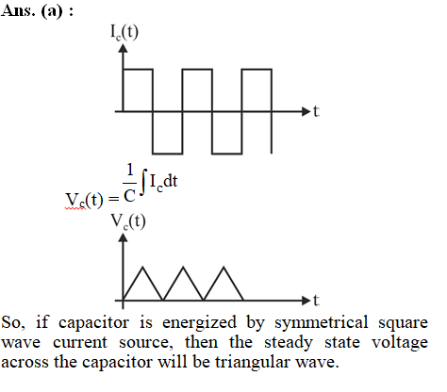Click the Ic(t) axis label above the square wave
[x=124, y=32]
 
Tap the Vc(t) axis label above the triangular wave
[x=128, y=221]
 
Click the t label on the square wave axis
[x=316, y=111]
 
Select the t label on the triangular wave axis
[x=316, y=300]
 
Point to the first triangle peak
[x=142, y=267]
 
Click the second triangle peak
[x=183, y=267]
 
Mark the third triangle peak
[x=223, y=267]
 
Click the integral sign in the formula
[x=143, y=182]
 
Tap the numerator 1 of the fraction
[x=130, y=170]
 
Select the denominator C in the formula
[x=129, y=196]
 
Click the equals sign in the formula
[x=113, y=199]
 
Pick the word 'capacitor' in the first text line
[x=93, y=323]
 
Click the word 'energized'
[x=199, y=323]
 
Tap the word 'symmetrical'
[x=321, y=323]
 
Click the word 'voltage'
[x=400, y=343]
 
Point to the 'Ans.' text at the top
[x=18, y=11]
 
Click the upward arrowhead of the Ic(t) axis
[x=123, y=48]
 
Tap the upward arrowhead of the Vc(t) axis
[x=123, y=237]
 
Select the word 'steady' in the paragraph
[x=289, y=343]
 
